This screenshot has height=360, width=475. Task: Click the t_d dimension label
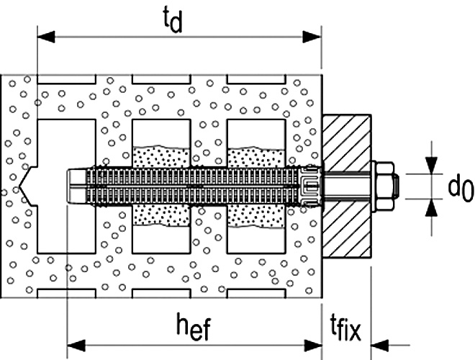173,19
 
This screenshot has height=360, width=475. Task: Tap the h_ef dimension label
194,327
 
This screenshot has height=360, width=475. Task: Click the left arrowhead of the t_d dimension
46,37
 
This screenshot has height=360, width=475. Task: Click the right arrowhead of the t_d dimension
312,37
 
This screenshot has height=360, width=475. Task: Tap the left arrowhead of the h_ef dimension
76,345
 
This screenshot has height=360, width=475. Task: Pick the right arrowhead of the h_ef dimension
313,345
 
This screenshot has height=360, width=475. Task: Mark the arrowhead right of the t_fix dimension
379,345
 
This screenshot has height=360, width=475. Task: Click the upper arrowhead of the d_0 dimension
431,165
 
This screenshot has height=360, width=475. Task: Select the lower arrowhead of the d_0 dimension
431,208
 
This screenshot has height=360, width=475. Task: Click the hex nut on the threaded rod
384,186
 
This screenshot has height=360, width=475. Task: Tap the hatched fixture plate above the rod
347,142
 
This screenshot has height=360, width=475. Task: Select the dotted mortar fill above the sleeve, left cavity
161,157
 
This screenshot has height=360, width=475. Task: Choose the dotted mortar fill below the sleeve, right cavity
256,217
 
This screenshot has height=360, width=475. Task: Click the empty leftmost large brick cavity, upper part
67,143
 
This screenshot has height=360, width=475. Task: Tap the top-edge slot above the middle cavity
161,79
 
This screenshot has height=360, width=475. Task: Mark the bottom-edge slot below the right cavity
256,293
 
